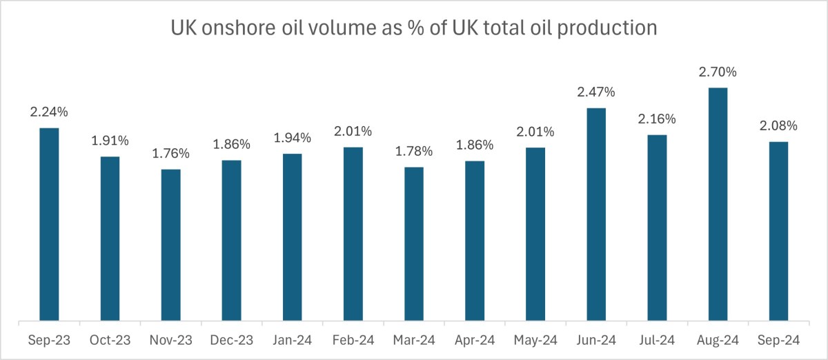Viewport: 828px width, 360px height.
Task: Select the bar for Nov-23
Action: click(x=170, y=245)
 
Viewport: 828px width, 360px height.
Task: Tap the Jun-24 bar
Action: click(x=596, y=214)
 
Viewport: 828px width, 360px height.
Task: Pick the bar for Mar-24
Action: click(x=413, y=243)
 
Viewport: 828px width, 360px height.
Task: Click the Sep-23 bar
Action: click(x=49, y=224)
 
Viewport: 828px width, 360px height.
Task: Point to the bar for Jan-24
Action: click(x=292, y=237)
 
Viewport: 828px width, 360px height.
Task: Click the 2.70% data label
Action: click(x=718, y=72)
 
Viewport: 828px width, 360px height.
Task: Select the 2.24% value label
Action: click(x=49, y=112)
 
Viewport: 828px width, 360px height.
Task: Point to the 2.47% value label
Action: click(x=596, y=92)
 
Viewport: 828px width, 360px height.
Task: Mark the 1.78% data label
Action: click(x=413, y=151)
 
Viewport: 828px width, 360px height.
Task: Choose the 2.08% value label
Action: click(x=778, y=126)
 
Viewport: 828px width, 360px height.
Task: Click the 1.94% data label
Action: click(x=292, y=138)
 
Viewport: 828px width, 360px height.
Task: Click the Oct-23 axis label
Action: click(x=110, y=340)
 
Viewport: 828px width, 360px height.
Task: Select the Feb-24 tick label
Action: click(x=353, y=340)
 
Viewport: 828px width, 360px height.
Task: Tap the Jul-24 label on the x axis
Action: click(x=657, y=340)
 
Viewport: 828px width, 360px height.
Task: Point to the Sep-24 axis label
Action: click(x=778, y=340)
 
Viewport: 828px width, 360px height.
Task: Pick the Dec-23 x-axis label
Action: click(x=231, y=340)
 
